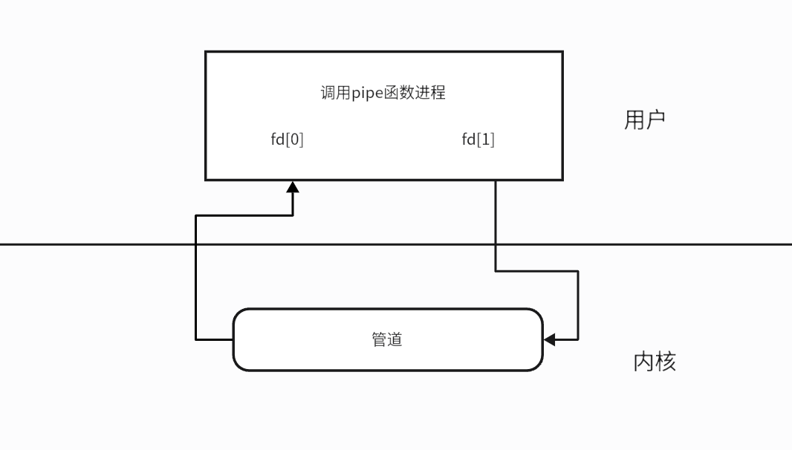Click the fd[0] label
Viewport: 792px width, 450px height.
pos(287,140)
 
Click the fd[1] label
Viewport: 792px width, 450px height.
pos(478,140)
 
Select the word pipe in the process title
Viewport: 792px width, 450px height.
pos(366,94)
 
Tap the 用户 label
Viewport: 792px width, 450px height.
pos(644,120)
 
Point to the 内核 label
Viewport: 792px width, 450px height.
pos(655,362)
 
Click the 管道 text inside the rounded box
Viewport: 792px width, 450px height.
pos(387,339)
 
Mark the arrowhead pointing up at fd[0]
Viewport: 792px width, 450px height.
pos(293,186)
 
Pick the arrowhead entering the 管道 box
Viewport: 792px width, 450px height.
pos(549,339)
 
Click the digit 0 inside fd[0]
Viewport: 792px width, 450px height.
pos(295,140)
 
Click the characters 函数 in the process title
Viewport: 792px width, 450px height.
pos(399,94)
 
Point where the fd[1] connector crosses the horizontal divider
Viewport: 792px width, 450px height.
pos(496,244)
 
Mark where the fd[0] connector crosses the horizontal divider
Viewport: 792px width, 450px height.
pos(195,244)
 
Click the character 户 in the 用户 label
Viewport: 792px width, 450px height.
pos(655,120)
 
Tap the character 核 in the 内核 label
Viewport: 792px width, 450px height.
pos(666,362)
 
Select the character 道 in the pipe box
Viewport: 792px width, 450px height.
pos(395,339)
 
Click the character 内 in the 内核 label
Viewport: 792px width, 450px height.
pos(643,362)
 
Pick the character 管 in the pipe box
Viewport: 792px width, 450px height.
pos(379,339)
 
